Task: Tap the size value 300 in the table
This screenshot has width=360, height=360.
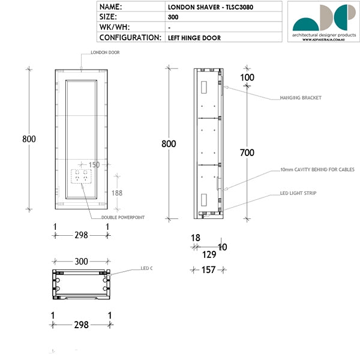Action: (x=173, y=17)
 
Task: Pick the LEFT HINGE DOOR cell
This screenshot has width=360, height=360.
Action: (x=194, y=37)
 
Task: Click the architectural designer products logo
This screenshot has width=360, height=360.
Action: (x=323, y=21)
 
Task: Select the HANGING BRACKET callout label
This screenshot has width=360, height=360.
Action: (x=301, y=97)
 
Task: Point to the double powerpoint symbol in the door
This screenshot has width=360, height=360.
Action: (x=82, y=177)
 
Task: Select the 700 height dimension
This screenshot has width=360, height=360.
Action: (x=247, y=153)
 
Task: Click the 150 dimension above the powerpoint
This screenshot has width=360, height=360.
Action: (x=94, y=164)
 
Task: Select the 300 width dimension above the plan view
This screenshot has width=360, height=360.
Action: (x=81, y=262)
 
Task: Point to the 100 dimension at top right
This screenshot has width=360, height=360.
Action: (x=247, y=77)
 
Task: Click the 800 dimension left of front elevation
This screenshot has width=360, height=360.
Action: (x=29, y=139)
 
